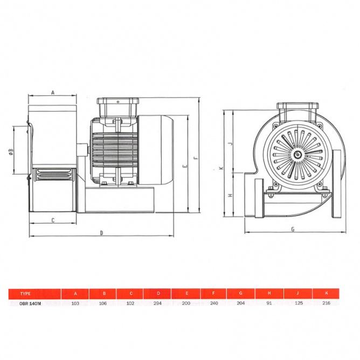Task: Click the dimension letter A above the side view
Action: tap(53, 93)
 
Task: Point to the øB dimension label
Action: tap(11, 151)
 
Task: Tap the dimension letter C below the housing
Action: tap(53, 220)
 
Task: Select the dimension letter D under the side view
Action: tap(101, 233)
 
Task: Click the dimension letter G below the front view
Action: tap(293, 229)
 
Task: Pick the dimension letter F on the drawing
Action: tap(196, 158)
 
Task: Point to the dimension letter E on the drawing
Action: tap(185, 166)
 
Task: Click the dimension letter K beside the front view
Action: tap(221, 168)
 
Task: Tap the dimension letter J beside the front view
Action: tap(231, 144)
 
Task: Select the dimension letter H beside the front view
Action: tap(230, 195)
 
